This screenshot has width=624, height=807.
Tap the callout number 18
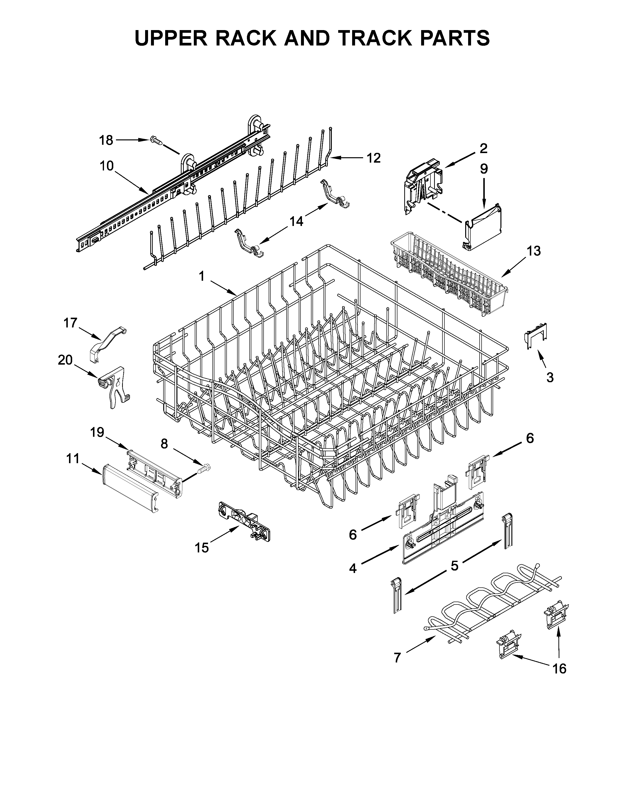coord(106,140)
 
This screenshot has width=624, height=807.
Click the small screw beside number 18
coord(156,140)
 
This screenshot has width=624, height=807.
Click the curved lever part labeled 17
coord(107,342)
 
